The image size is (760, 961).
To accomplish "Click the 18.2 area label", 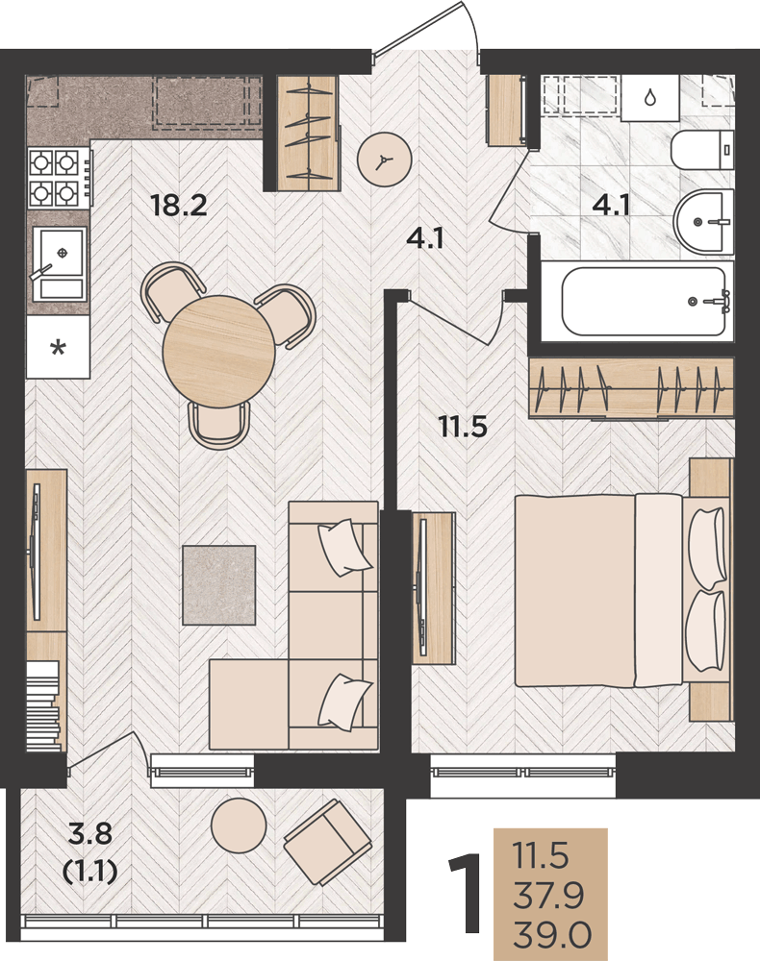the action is [179, 205].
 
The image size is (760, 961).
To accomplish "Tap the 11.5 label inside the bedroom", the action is [463, 427].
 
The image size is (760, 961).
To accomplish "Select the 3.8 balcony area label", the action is [90, 833].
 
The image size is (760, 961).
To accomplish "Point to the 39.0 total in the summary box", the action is [552, 936].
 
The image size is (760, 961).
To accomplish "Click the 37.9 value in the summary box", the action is [549, 896].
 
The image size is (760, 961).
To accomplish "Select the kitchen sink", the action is [59, 263].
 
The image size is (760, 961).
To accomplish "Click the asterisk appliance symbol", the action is [58, 349].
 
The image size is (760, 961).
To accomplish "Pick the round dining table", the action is [219, 351].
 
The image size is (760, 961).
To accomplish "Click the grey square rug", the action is [219, 585].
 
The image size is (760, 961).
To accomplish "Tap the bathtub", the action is [644, 301].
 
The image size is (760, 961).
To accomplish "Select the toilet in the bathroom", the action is [701, 150].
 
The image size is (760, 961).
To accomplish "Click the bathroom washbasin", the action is [703, 221].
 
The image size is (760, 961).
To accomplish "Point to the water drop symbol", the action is [649, 97].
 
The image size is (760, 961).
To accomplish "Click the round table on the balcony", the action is [239, 825].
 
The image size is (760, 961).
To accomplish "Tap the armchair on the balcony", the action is [327, 842].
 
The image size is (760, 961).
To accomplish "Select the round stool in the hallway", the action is [384, 160].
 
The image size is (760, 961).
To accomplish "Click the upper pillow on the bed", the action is [708, 548].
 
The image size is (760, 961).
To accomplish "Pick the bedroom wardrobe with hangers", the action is [631, 388].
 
